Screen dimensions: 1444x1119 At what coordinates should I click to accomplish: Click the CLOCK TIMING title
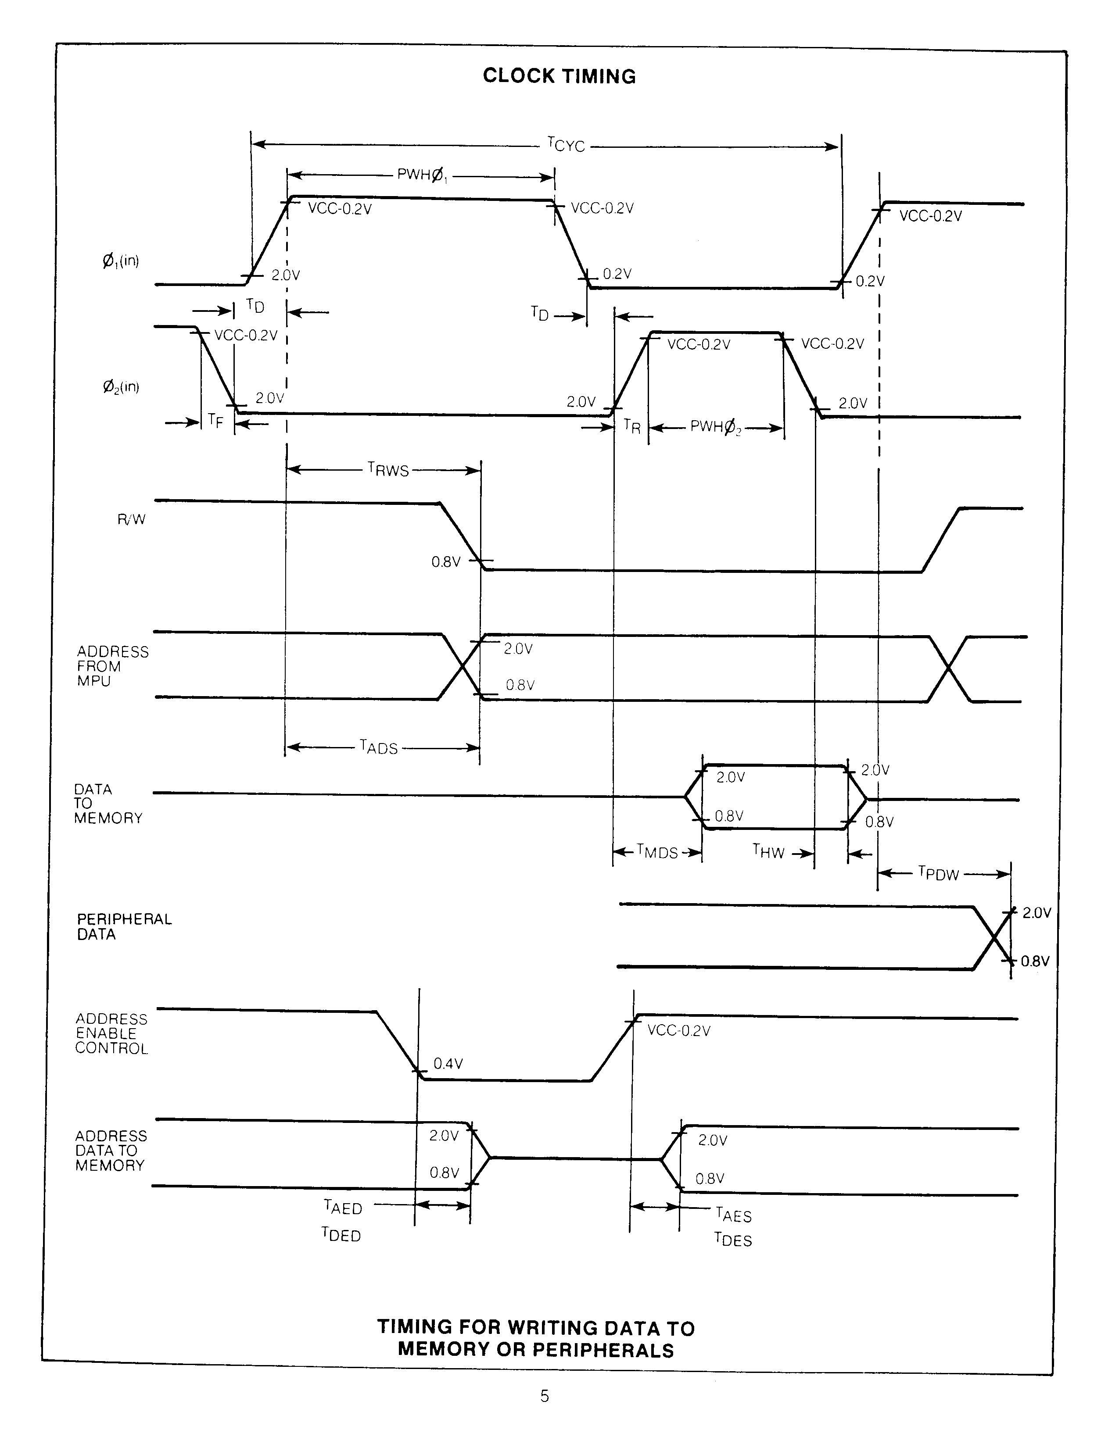[x=559, y=76]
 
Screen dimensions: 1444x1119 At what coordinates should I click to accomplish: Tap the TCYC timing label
[x=566, y=144]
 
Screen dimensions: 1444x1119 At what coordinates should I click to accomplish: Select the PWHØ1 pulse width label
[x=421, y=175]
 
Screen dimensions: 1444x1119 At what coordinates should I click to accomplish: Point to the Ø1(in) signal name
[x=120, y=261]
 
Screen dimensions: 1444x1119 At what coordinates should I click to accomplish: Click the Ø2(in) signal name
[x=120, y=387]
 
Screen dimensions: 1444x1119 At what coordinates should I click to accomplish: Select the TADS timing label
[x=379, y=747]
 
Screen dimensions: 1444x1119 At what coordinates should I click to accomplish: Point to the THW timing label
[x=768, y=851]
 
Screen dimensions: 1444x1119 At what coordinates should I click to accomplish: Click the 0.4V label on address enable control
[x=448, y=1064]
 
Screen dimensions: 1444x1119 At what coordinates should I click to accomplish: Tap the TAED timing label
[x=343, y=1207]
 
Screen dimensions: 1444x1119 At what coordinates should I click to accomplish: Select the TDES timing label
[x=733, y=1240]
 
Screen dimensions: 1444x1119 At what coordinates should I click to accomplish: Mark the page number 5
[x=544, y=1396]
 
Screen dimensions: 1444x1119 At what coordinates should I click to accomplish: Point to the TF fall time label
[x=215, y=421]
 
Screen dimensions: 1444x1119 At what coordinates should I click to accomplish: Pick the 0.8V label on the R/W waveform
[x=446, y=562]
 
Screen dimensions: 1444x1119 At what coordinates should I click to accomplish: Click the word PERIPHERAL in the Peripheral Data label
[x=124, y=919]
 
